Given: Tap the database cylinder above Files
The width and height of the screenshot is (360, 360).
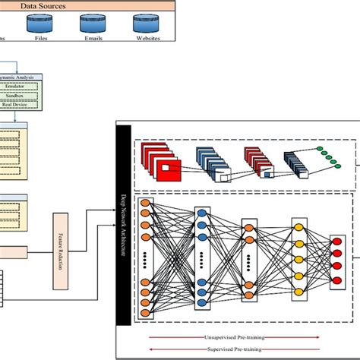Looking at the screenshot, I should pyautogui.click(x=43, y=24).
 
